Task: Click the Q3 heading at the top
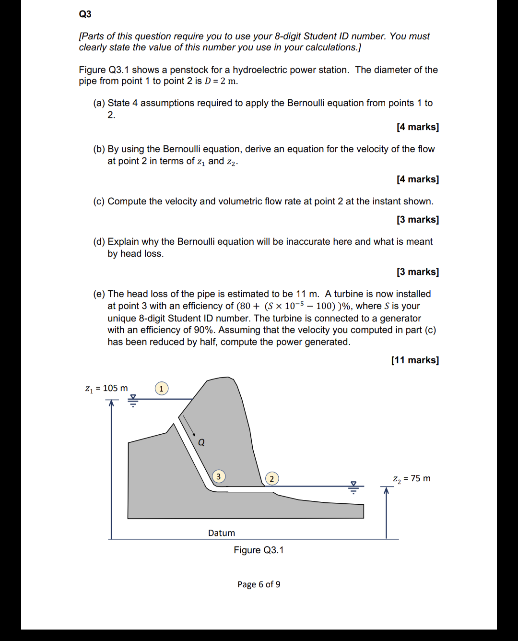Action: tap(85, 14)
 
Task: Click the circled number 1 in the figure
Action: tap(161, 388)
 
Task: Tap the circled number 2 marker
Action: tap(271, 478)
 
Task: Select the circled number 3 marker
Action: tap(219, 476)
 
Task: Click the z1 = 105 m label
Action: tap(106, 388)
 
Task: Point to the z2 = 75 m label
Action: tap(412, 478)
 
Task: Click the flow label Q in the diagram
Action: tap(201, 442)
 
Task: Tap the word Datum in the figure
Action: tap(221, 533)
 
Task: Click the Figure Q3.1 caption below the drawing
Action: tap(259, 550)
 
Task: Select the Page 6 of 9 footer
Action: tap(259, 584)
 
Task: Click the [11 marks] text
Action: tap(415, 360)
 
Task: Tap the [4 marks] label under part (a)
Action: tap(417, 127)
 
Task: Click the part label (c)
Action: tap(99, 202)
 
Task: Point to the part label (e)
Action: tap(99, 294)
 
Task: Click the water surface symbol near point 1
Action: tap(133, 400)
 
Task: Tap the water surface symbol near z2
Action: tap(353, 487)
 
